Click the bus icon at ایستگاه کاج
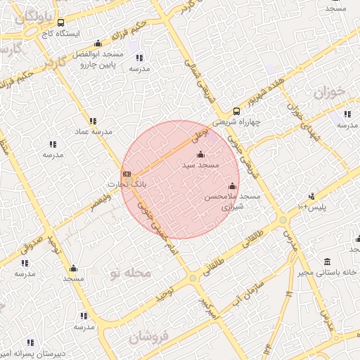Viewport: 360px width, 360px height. (60, 22)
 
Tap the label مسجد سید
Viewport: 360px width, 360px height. (201, 165)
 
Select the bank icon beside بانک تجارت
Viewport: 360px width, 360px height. (126, 174)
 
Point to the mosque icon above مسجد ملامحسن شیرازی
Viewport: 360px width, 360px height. (233, 186)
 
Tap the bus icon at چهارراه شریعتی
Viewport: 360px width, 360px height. (236, 110)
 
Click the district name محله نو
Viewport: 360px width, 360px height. (127, 272)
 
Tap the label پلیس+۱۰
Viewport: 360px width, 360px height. (311, 207)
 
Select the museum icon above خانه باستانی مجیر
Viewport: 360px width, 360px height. (327, 259)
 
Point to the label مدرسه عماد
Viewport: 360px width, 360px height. (92, 131)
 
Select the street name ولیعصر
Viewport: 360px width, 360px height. (101, 205)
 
